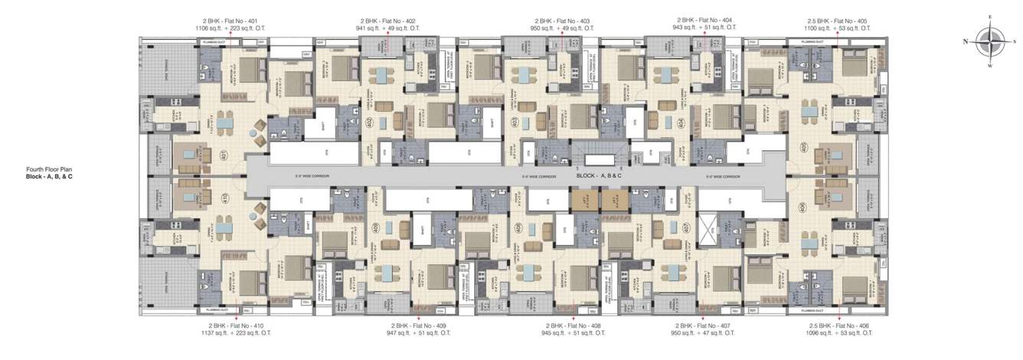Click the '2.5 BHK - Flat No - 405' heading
pyautogui.click(x=839, y=21)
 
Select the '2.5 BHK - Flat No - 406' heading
pyautogui.click(x=839, y=326)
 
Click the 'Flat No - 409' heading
pyautogui.click(x=417, y=326)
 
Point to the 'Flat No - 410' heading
pyautogui.click(x=236, y=326)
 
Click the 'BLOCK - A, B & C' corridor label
pyautogui.click(x=599, y=175)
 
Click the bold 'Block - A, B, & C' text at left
pyautogui.click(x=54, y=177)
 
